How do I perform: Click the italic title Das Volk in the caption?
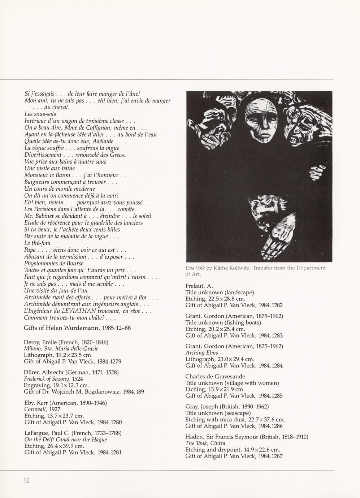pyautogui.click(x=195, y=268)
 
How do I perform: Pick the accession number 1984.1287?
pyautogui.click(x=270, y=456)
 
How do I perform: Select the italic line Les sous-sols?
pyautogui.click(x=40, y=114)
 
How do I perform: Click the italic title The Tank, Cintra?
pyautogui.click(x=205, y=443)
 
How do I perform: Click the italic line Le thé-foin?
pyautogui.click(x=37, y=243)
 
